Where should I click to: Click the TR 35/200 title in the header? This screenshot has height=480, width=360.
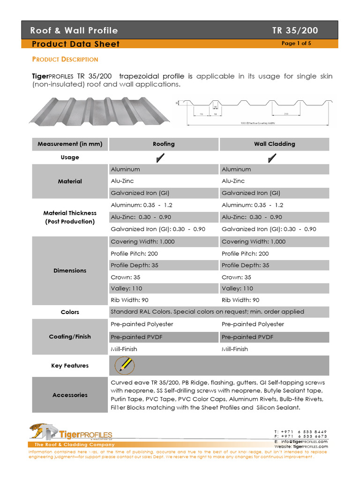click(295, 31)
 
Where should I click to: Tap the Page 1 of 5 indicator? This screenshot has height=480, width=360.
click(296, 44)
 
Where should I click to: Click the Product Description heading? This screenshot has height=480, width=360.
click(65, 60)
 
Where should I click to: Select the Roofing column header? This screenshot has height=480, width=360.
click(164, 144)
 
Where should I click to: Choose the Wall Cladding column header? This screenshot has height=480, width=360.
click(274, 144)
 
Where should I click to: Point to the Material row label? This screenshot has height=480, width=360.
click(69, 181)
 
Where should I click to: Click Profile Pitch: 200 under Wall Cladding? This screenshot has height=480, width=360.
click(245, 254)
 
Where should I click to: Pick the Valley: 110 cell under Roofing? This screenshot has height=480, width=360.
click(126, 288)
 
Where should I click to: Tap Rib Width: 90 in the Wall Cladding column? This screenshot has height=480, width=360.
click(240, 300)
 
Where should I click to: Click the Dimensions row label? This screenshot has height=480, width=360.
click(69, 270)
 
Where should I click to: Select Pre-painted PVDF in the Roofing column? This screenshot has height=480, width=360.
click(136, 337)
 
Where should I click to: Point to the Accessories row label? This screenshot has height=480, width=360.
click(69, 395)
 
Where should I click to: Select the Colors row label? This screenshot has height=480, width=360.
click(69, 312)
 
